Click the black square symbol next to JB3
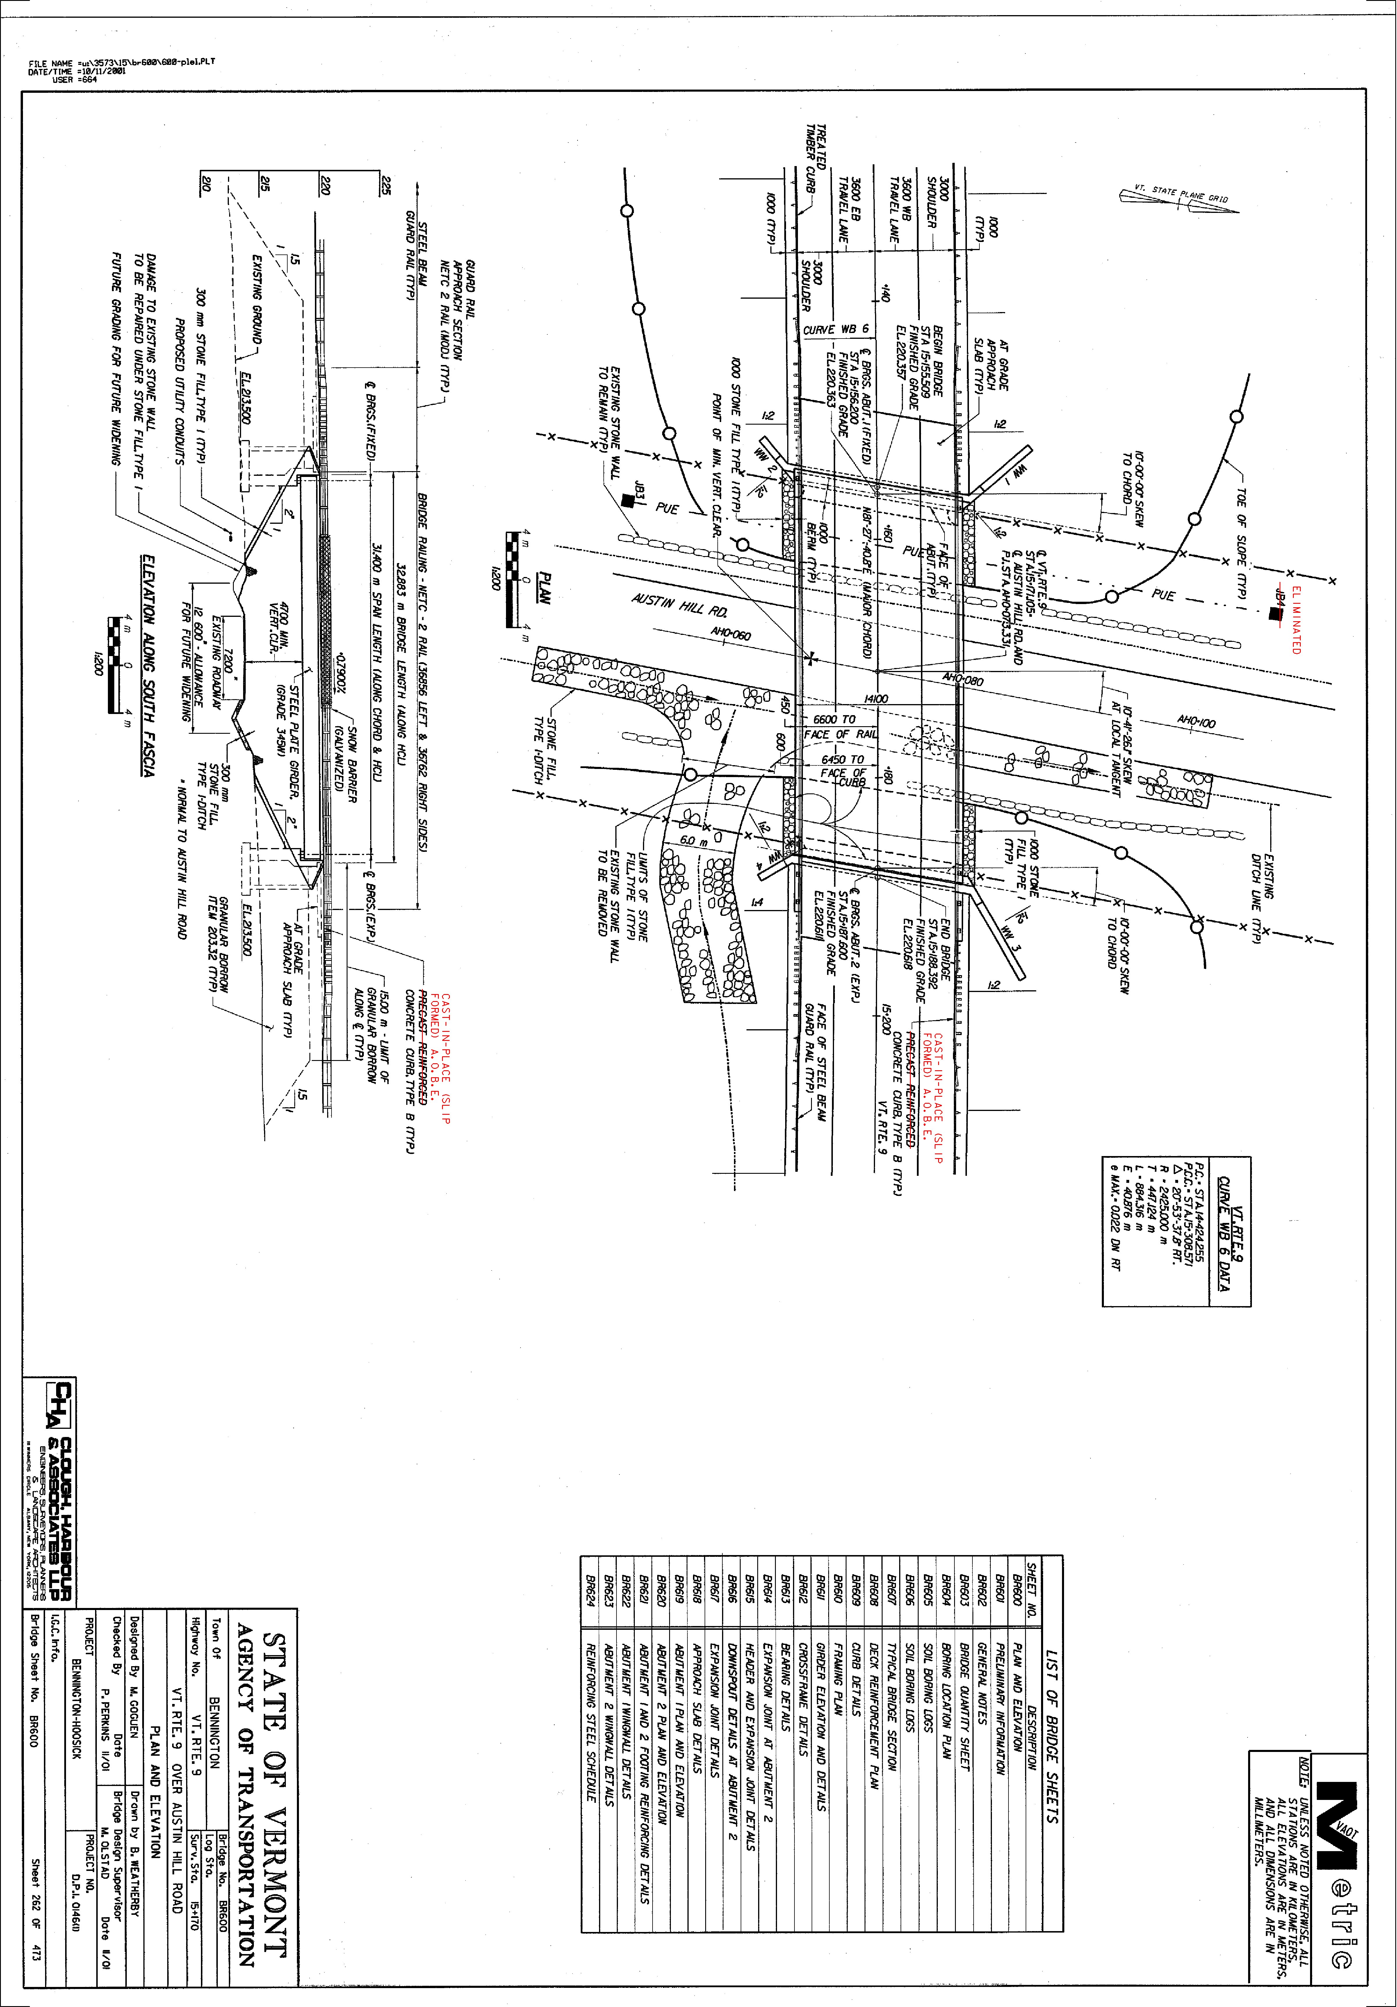(x=628, y=501)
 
